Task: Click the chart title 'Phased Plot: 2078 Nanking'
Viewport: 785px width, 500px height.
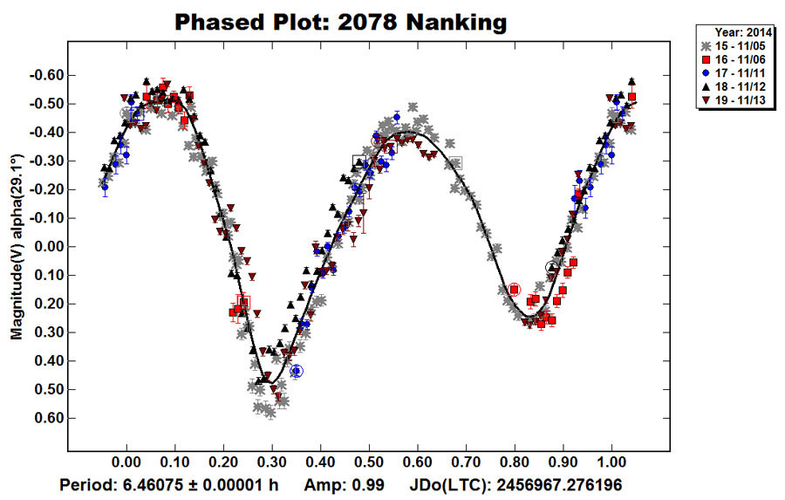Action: pos(340,22)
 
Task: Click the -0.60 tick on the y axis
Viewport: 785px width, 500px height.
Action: pos(44,75)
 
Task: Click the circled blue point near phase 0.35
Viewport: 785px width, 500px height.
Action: pos(297,371)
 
